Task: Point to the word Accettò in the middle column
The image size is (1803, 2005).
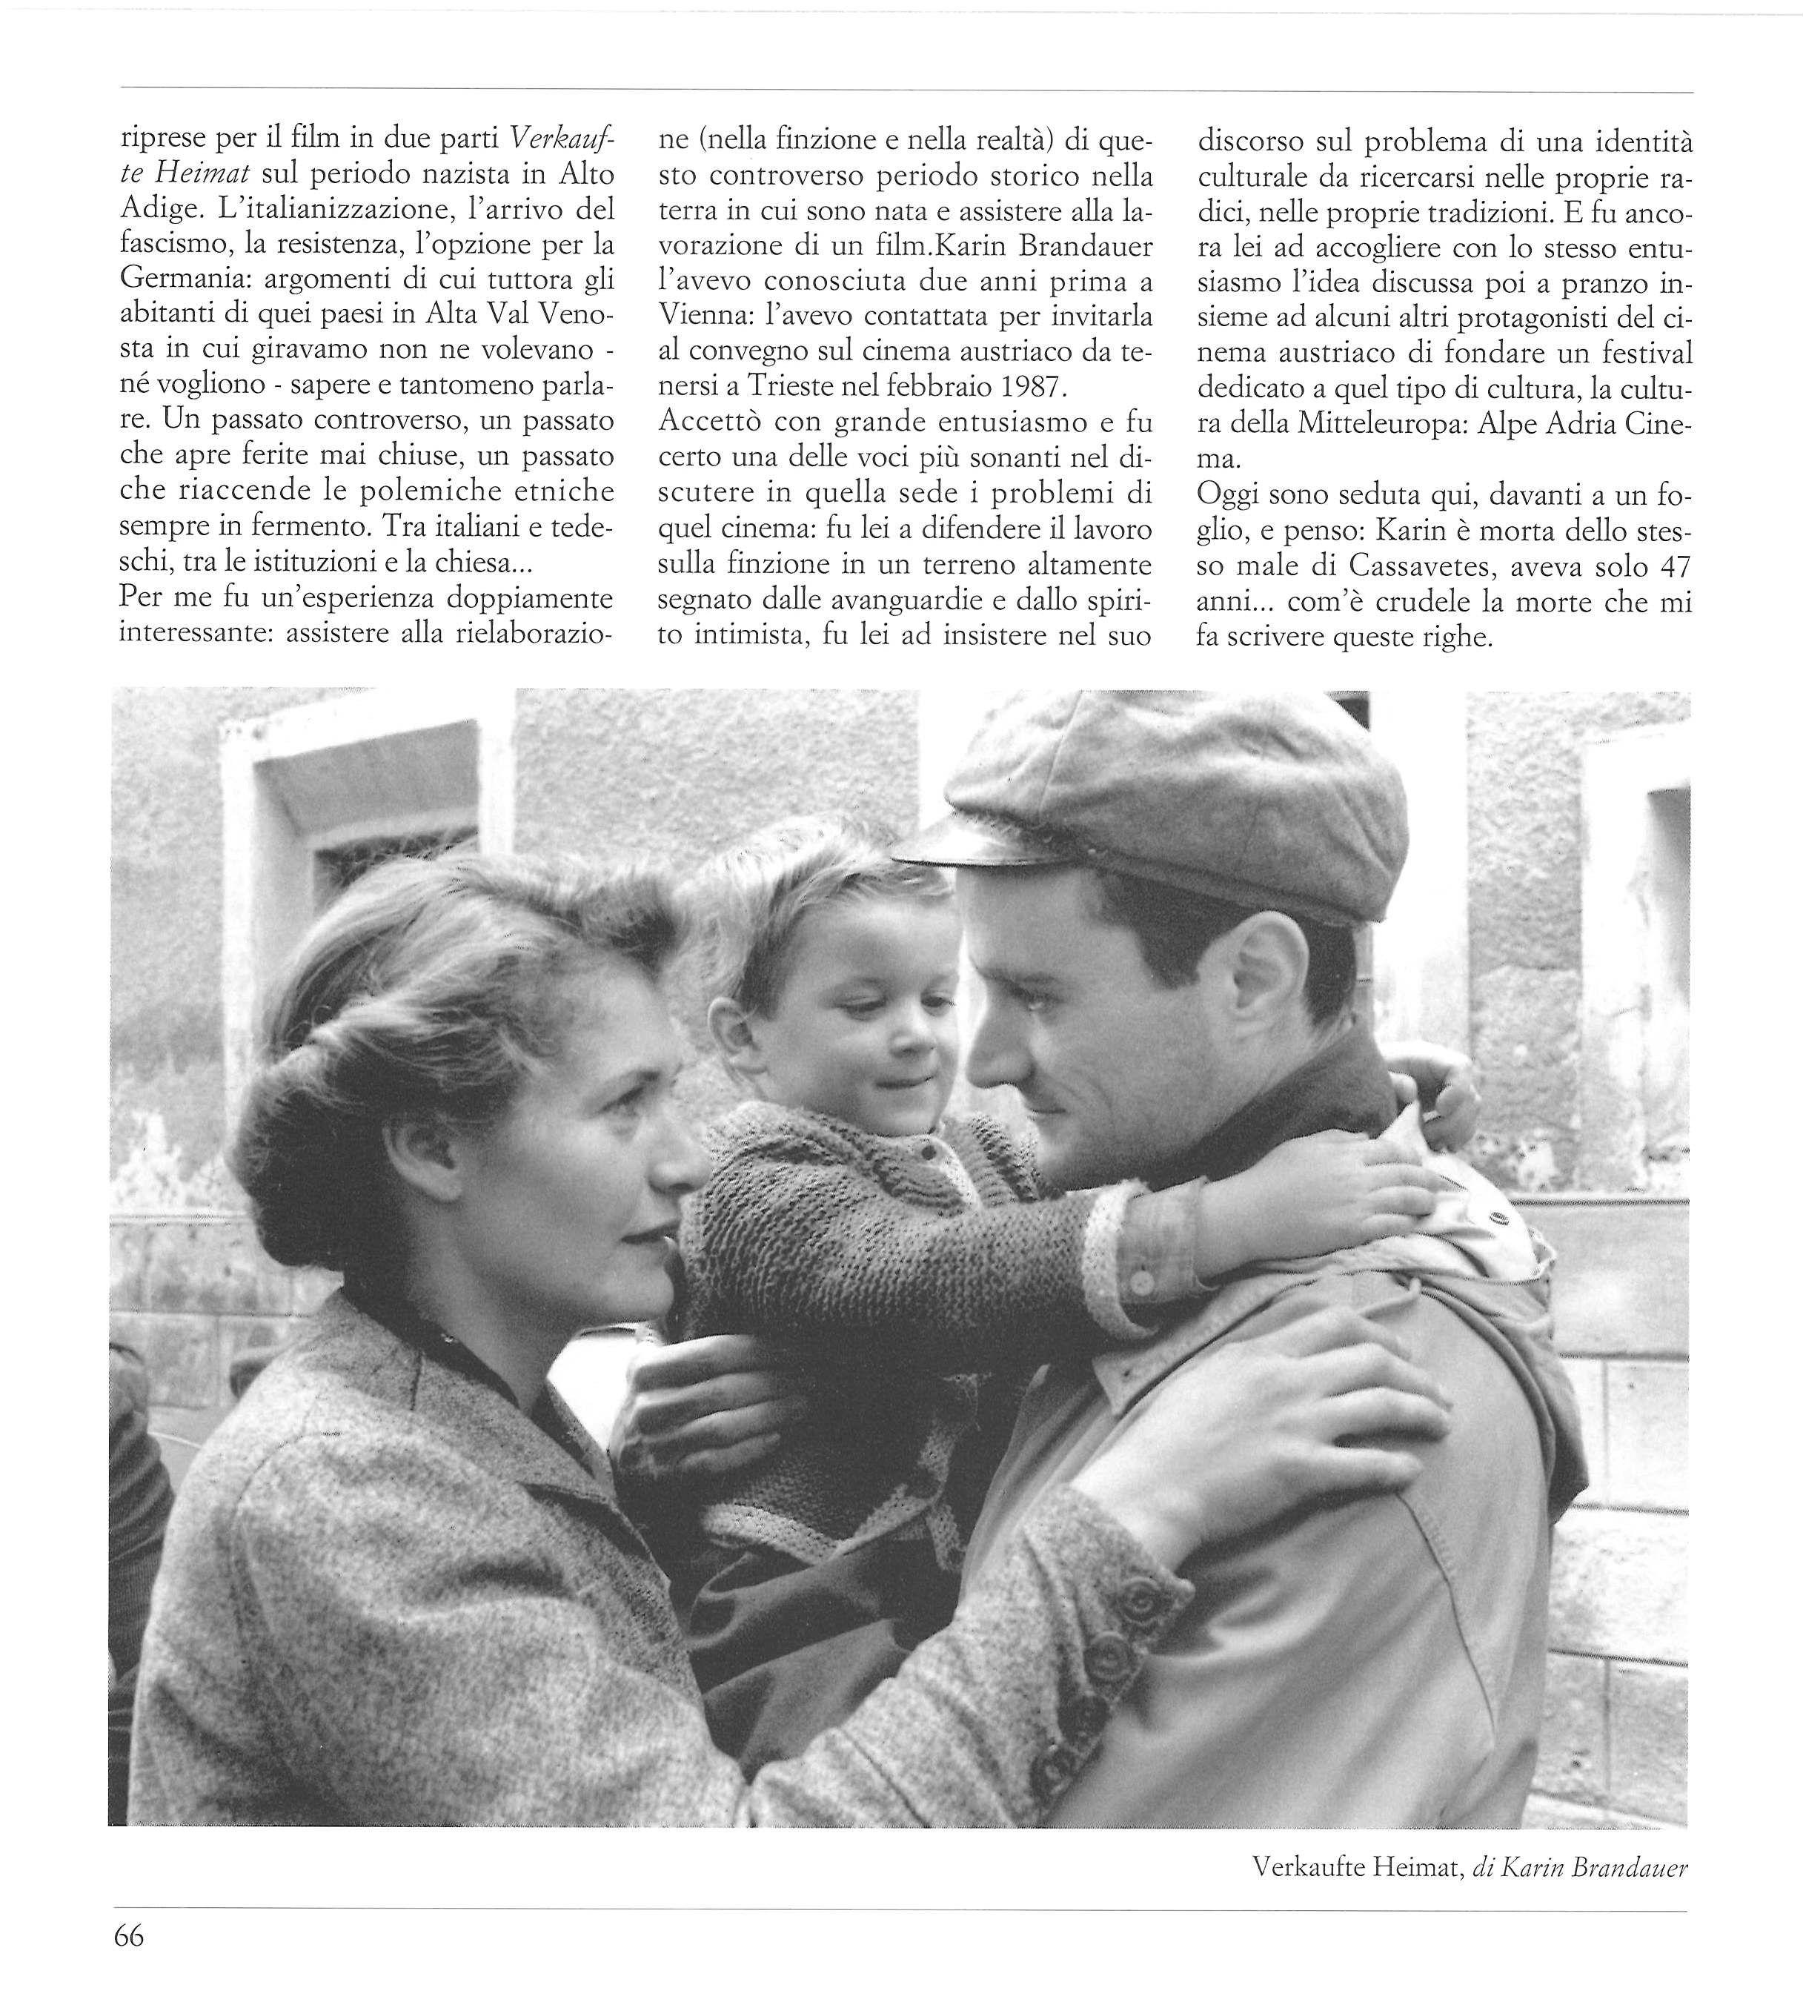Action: pyautogui.click(x=707, y=422)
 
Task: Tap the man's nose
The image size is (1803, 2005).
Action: pyautogui.click(x=980, y=1060)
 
